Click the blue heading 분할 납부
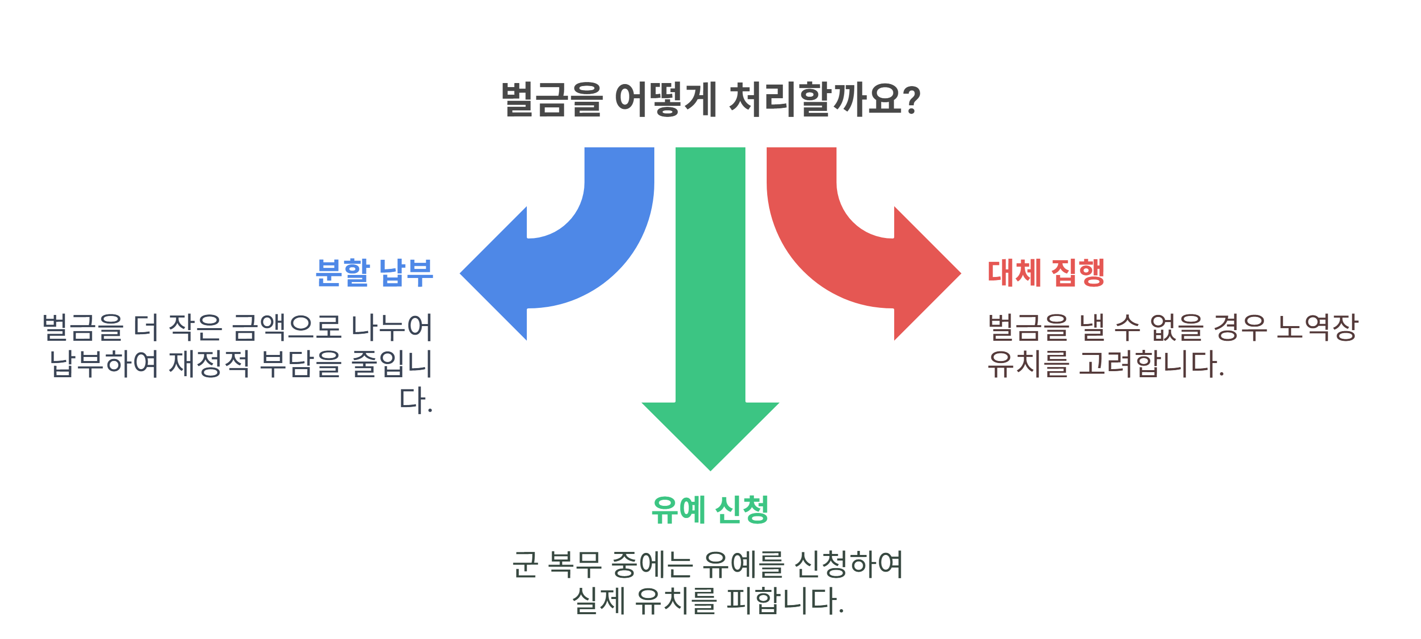pos(374,272)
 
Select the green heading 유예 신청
pos(710,509)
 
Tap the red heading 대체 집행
pos(1046,272)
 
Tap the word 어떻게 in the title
pos(665,100)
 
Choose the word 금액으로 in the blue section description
pos(286,327)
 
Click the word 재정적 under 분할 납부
pos(209,363)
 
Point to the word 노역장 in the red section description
pos(1317,327)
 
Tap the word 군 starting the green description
pos(525,564)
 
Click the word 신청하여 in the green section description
pos(849,564)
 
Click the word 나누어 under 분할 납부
pos(392,327)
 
